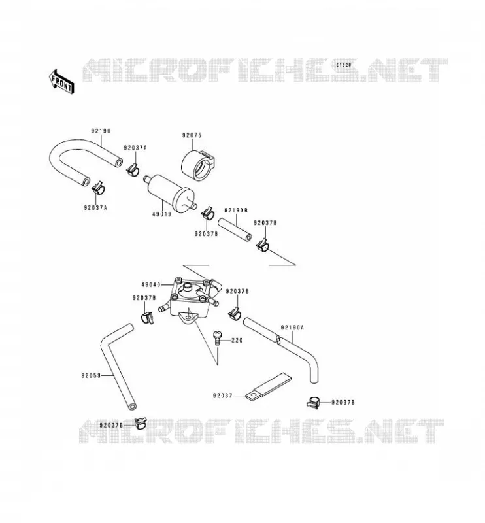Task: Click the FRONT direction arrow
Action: point(61,82)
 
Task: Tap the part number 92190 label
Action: point(101,131)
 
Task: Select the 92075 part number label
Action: point(192,135)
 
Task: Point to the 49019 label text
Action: point(162,214)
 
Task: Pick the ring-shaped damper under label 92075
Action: point(197,165)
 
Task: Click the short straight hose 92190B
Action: point(235,230)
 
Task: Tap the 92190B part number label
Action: point(236,211)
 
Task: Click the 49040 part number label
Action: point(151,284)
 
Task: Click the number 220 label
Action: point(237,341)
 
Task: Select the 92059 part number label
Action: point(91,375)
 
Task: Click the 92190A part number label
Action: point(292,328)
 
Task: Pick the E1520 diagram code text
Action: point(344,65)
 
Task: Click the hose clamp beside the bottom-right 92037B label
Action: point(313,402)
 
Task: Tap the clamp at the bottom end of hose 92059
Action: point(141,423)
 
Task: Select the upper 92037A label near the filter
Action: point(135,148)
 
